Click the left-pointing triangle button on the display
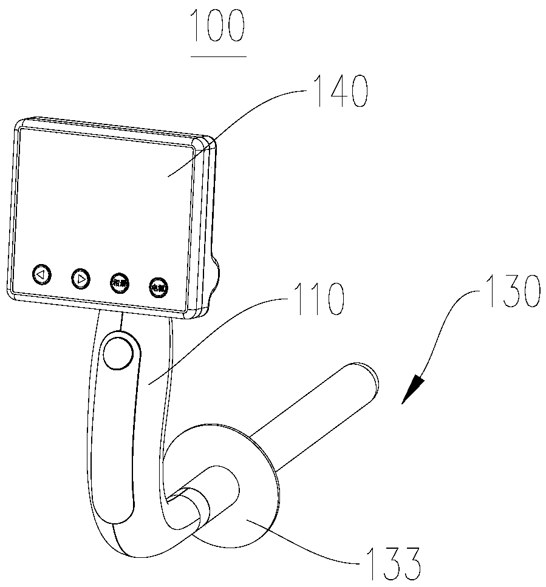41,274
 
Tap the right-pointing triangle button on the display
81,279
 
